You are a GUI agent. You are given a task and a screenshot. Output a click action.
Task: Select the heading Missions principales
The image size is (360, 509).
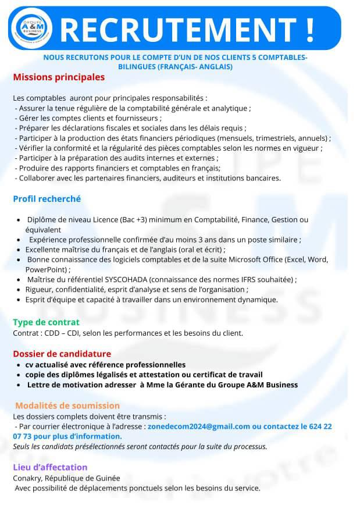59,77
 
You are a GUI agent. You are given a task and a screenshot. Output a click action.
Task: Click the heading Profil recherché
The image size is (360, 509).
47,199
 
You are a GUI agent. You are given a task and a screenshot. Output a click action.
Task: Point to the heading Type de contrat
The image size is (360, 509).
46,322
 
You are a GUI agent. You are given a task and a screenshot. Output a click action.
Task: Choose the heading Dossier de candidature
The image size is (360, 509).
62,353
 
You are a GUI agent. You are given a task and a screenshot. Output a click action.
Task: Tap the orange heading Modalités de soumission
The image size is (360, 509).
67,405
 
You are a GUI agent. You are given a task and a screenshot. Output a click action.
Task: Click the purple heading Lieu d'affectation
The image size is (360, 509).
50,467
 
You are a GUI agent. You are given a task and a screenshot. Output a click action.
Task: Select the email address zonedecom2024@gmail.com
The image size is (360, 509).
199,426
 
